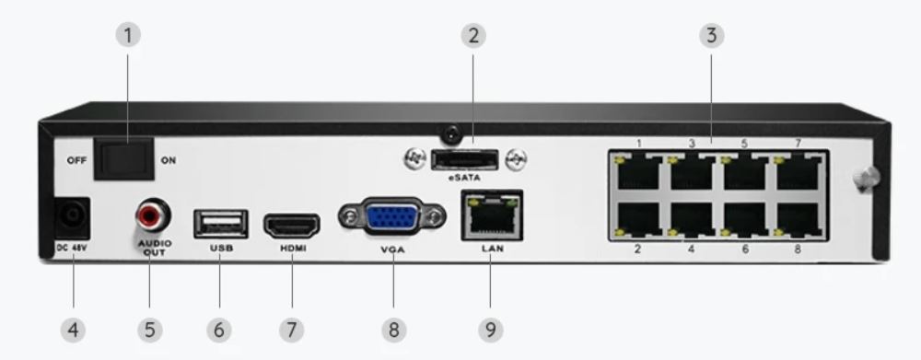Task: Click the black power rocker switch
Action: [x=124, y=158]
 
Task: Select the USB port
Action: [x=221, y=224]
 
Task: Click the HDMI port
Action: [x=292, y=226]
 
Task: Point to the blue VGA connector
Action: [x=391, y=217]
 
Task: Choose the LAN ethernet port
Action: [x=492, y=215]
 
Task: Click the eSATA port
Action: [x=464, y=158]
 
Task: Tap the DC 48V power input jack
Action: [x=72, y=218]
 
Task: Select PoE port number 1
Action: [x=639, y=171]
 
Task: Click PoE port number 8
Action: [x=799, y=220]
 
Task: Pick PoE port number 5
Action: [x=745, y=171]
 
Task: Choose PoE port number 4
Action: [x=692, y=220]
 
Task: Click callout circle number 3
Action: [x=711, y=35]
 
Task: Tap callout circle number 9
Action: [x=491, y=330]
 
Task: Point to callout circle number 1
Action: [x=128, y=35]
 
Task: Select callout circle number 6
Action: [x=219, y=330]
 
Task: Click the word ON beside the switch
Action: [x=168, y=159]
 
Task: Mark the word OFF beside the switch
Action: [x=77, y=159]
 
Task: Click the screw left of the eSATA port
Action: [x=414, y=158]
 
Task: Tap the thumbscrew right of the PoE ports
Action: [x=866, y=179]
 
